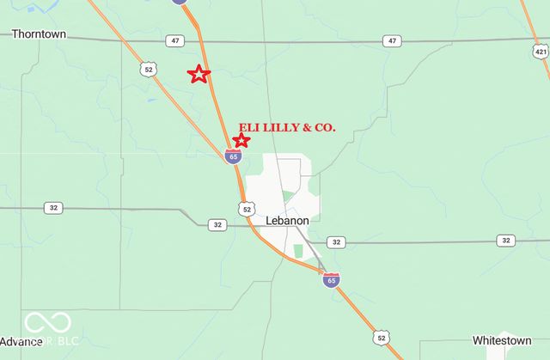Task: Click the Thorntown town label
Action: point(39,34)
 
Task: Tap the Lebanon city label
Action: point(287,221)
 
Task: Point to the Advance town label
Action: point(21,341)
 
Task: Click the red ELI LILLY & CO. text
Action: point(286,127)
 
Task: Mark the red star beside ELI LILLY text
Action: point(241,140)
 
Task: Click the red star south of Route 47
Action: point(199,74)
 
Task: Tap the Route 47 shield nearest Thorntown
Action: point(175,40)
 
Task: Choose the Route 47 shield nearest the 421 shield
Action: point(393,40)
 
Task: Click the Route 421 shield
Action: point(540,52)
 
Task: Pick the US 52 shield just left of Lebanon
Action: point(247,209)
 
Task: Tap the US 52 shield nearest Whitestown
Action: point(381,339)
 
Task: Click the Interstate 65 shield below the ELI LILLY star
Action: point(233,156)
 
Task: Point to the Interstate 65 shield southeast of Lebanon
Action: point(331,279)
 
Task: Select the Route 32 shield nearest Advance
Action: point(53,208)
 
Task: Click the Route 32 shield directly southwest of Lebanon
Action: point(217,224)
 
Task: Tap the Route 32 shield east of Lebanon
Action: point(336,242)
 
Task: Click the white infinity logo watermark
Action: point(46,323)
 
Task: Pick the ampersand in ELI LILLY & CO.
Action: point(306,127)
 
